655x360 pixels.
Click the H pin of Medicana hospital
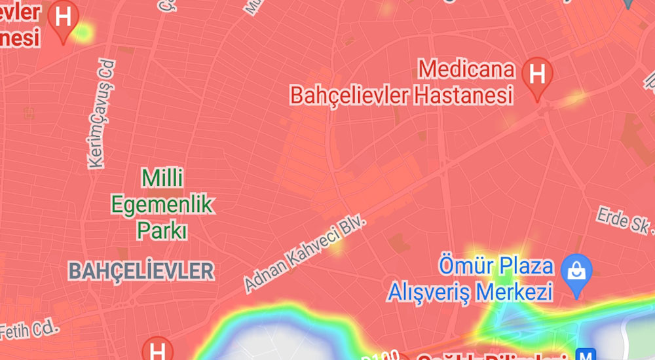537,76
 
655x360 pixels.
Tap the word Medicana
466,69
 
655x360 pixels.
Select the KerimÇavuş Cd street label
100,115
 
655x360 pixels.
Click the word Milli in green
163,178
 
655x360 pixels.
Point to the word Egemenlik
162,205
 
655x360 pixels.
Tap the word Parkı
162,231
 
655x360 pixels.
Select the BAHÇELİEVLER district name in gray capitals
141,270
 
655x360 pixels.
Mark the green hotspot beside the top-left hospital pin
83,31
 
